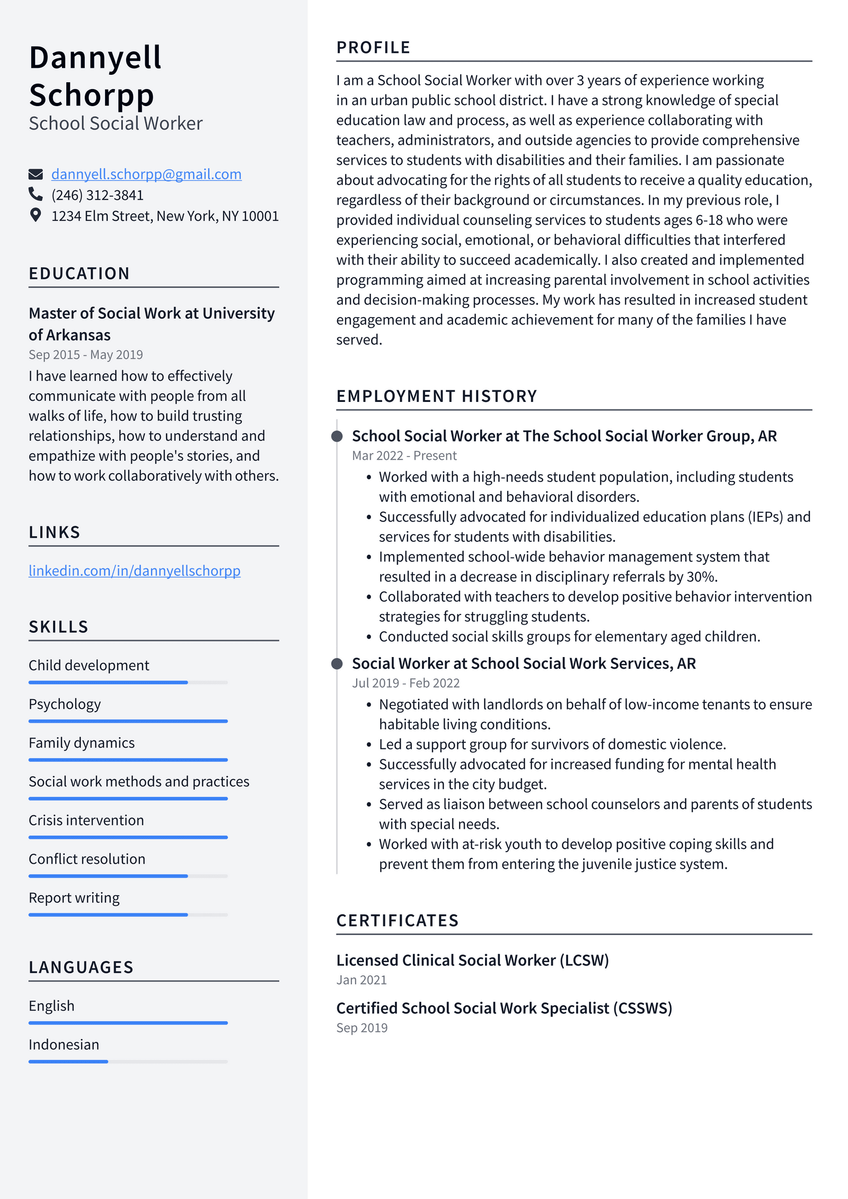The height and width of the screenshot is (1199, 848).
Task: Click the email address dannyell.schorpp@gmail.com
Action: click(146, 174)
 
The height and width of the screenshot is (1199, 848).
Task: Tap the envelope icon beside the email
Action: click(36, 174)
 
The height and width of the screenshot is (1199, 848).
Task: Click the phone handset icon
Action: click(36, 195)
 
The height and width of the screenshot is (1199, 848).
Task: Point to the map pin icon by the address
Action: click(36, 215)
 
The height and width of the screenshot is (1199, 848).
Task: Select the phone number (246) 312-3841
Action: click(98, 195)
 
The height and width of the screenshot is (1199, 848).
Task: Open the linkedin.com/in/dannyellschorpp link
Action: click(135, 571)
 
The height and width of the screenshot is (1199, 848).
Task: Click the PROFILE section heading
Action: click(373, 48)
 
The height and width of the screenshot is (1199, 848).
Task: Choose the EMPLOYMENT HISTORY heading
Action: click(437, 396)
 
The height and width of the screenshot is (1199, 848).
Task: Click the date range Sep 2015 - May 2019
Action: click(86, 355)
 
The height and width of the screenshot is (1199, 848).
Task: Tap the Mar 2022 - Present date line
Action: click(404, 456)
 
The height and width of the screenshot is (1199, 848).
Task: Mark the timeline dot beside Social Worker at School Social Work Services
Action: click(337, 663)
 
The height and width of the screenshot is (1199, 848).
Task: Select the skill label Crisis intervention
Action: click(86, 820)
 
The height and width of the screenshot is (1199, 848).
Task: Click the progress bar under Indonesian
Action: click(128, 1062)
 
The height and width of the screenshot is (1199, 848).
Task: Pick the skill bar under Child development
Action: click(128, 682)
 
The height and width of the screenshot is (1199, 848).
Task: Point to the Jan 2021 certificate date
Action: click(361, 980)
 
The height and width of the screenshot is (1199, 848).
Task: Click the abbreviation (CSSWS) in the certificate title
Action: click(642, 1008)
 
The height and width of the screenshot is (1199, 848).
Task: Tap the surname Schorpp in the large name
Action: click(92, 95)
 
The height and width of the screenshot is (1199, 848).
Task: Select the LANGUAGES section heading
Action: click(81, 967)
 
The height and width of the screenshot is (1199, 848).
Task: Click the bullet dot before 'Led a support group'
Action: click(369, 745)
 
